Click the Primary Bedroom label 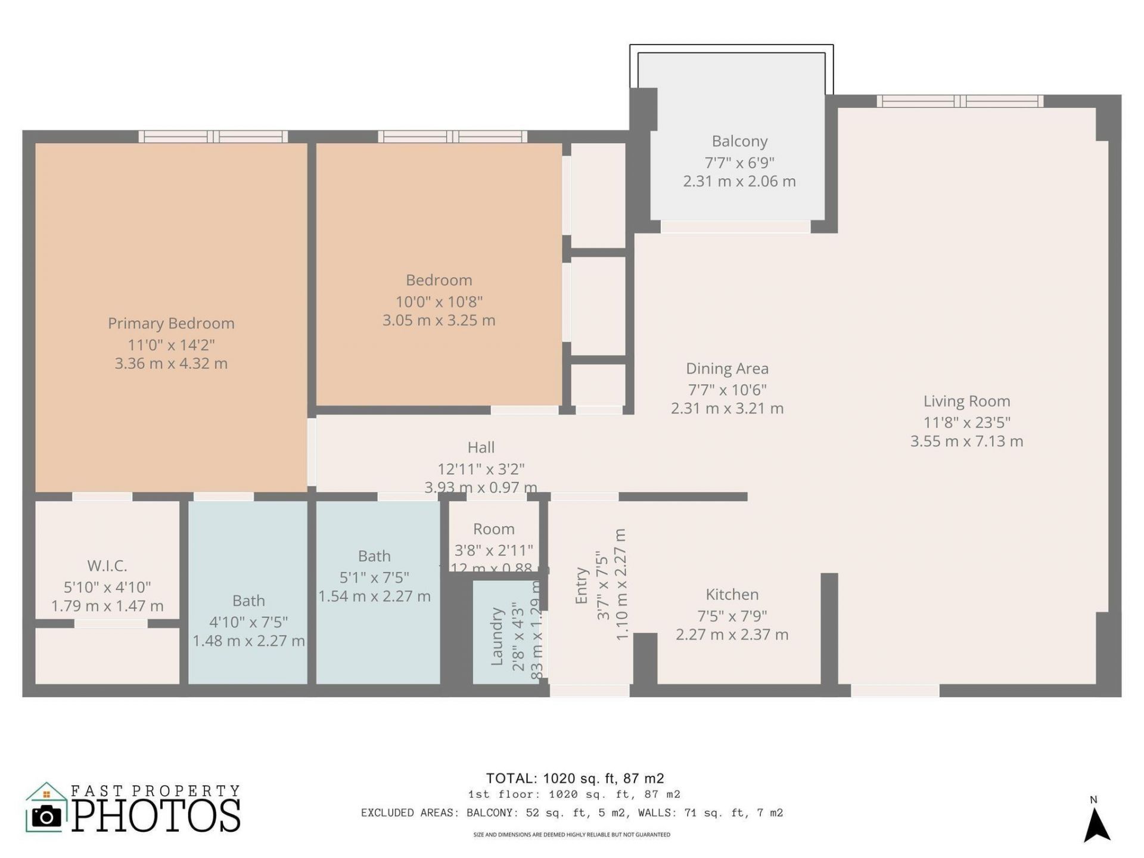(171, 324)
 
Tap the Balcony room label (739, 141)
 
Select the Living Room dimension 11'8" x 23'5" (966, 422)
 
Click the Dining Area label (727, 369)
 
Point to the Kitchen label (732, 595)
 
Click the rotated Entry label (582, 586)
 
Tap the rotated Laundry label (497, 636)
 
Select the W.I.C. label (107, 565)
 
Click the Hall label (481, 447)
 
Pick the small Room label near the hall (493, 529)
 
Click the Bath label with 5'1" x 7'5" (374, 556)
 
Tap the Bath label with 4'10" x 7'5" (248, 601)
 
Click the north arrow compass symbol (1096, 825)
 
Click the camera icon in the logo (46, 816)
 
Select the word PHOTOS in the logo (157, 816)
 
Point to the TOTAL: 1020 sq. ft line (575, 778)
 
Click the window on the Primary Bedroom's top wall (213, 136)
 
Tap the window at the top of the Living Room (959, 101)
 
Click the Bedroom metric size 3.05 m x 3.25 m (439, 321)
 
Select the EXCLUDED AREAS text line (571, 813)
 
